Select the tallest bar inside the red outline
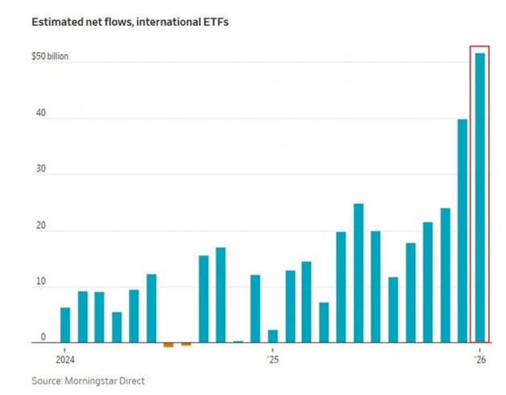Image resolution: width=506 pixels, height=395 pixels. point(479,197)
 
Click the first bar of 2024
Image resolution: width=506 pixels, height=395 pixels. point(64,325)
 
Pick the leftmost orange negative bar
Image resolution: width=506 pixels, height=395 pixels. point(168,345)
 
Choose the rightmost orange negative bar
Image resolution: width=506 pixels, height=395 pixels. point(186,344)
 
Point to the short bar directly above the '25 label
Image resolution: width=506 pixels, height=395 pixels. point(272,336)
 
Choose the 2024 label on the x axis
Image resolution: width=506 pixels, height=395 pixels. point(65,360)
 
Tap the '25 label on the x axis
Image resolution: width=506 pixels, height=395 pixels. point(272,360)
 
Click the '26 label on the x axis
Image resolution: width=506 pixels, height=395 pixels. point(479,360)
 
